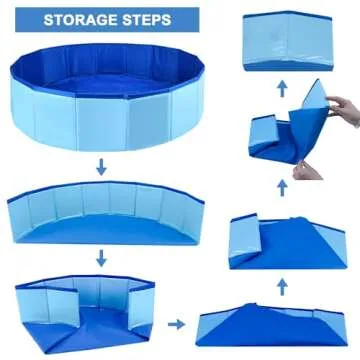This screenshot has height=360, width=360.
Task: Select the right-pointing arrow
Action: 176,323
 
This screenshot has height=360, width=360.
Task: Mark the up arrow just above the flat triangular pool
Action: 283,286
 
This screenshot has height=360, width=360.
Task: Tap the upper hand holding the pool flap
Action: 339,104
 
